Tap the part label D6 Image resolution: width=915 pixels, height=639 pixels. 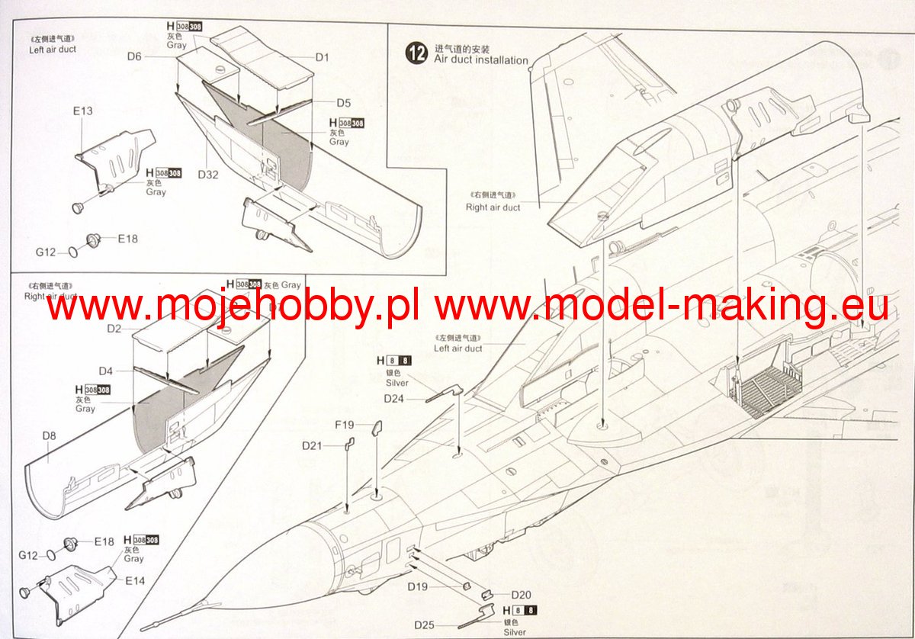[135, 56]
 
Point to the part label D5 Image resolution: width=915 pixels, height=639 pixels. [343, 103]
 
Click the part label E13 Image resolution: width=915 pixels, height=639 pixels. [83, 111]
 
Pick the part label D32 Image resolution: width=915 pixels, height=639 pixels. [208, 174]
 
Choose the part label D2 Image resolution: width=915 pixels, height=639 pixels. [114, 329]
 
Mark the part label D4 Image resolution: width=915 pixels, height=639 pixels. [106, 371]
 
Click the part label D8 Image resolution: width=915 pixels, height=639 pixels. [50, 436]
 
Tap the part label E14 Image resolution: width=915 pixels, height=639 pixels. [135, 581]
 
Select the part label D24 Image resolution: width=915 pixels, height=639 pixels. [394, 398]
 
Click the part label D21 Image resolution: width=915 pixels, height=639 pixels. [313, 445]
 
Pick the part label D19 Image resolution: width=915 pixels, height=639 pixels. [417, 586]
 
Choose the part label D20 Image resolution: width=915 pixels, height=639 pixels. [521, 595]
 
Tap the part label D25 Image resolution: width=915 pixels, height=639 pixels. [425, 625]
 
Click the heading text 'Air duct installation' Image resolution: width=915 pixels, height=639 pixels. [481, 59]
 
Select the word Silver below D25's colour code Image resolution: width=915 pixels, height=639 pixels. [515, 631]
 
